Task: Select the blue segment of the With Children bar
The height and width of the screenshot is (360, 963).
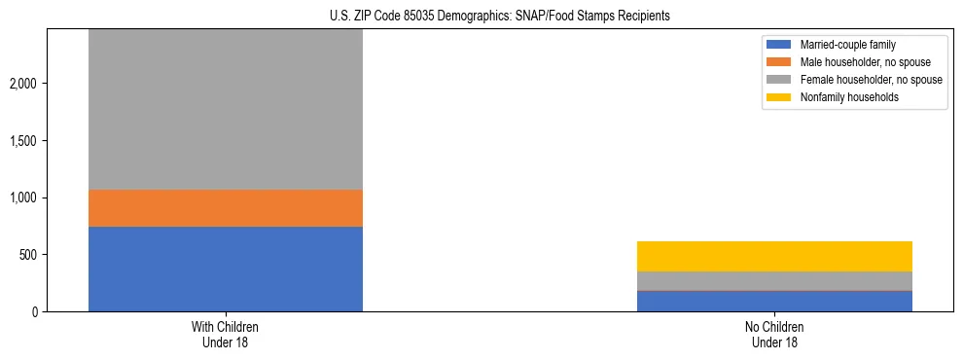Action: tap(226, 269)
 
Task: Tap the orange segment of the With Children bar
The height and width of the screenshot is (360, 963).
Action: tap(226, 208)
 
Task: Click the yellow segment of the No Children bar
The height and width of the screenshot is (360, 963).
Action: tap(774, 256)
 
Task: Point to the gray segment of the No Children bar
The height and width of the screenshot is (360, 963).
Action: tap(774, 280)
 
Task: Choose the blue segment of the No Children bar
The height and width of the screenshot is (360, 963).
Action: tap(774, 301)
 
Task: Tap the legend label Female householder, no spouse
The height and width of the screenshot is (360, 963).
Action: tap(871, 80)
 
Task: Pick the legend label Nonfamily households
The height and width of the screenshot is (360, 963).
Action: tap(843, 97)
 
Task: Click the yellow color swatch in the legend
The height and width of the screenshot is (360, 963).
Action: tap(779, 97)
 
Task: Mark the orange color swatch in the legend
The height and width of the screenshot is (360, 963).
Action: tap(779, 62)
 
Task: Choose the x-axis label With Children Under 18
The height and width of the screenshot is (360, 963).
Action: tap(226, 335)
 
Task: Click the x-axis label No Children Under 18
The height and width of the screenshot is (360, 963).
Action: tap(774, 335)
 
